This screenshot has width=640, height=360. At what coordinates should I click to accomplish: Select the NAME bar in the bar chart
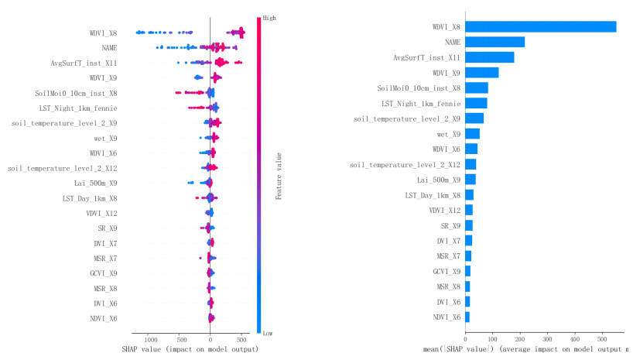click(495, 42)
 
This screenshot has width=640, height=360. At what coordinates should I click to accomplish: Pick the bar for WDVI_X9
click(481, 73)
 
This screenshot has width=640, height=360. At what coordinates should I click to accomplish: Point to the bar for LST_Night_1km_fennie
click(476, 103)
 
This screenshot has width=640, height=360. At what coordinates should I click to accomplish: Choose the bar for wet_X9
click(472, 133)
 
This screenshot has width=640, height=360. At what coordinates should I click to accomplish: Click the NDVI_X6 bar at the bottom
click(467, 317)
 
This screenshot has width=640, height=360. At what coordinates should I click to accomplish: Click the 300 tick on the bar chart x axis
click(547, 339)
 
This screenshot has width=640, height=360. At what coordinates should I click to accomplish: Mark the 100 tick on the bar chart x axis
click(492, 339)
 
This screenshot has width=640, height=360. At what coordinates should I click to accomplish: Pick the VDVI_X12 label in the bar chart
click(445, 210)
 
